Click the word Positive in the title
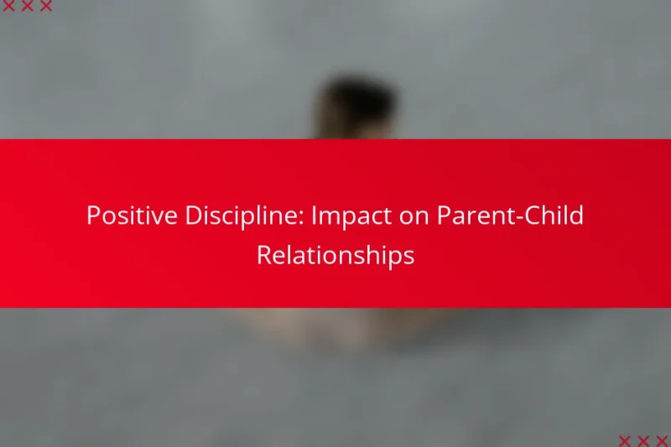point(122,216)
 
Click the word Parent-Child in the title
point(507,216)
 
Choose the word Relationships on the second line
point(335,256)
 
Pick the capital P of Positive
point(93,216)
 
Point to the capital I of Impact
point(314,216)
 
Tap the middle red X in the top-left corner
point(28,7)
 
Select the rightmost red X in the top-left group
point(45,7)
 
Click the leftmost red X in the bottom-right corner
point(625,440)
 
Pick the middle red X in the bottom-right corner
point(642,440)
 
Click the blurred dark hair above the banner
point(356,105)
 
